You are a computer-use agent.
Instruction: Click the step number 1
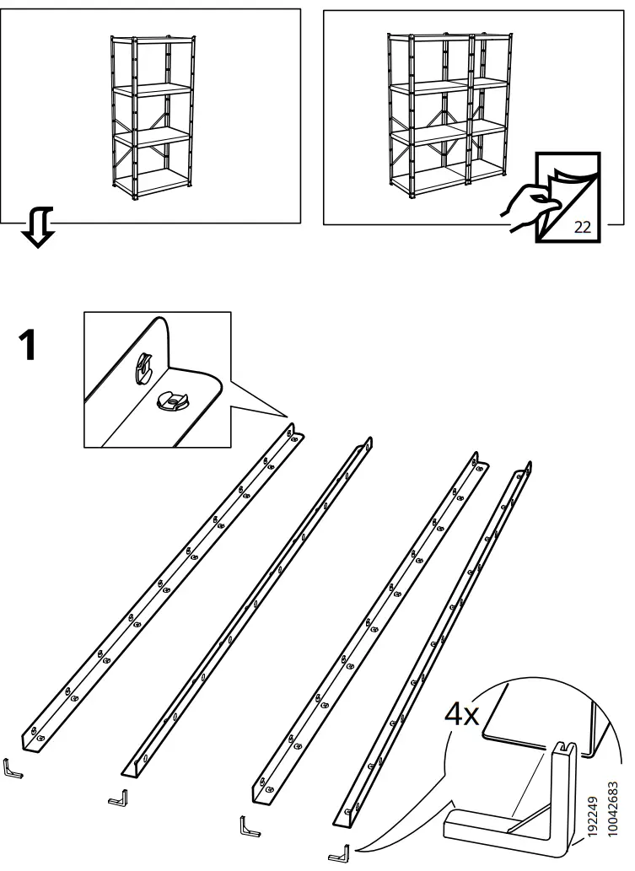tap(27, 346)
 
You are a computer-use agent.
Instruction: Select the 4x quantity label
tap(461, 717)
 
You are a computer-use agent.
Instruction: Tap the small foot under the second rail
tap(120, 795)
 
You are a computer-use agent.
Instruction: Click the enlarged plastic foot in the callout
tap(514, 801)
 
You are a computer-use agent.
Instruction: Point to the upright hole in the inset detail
tap(143, 368)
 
